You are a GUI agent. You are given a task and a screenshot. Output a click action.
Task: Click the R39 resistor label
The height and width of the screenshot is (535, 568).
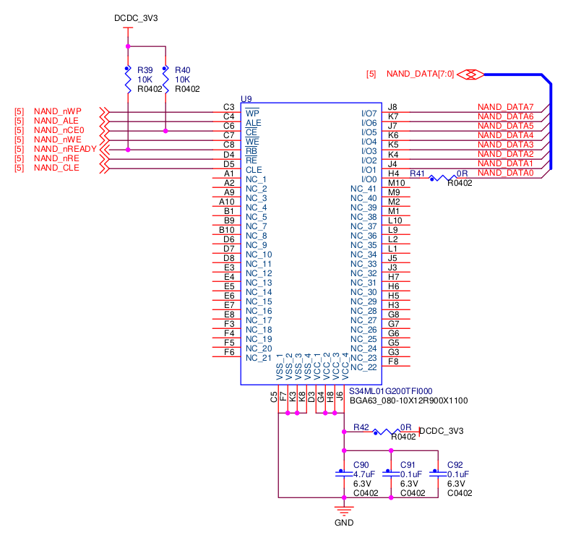coord(145,70)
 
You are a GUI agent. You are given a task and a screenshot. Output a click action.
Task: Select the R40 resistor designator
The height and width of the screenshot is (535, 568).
coord(182,70)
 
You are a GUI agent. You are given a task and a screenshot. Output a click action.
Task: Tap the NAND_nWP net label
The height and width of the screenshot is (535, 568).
coord(57,111)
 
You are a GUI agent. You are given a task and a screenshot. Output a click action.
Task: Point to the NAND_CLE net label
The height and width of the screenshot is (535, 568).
coord(56,168)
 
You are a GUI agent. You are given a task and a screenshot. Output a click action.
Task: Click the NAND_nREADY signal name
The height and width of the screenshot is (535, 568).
coord(65,149)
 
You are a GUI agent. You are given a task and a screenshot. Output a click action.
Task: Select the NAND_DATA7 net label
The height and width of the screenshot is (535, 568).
coord(505,107)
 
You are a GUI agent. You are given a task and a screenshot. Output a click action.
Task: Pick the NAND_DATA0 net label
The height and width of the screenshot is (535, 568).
coord(505,173)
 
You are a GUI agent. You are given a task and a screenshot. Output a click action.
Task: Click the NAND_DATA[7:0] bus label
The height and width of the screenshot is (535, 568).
coord(420,74)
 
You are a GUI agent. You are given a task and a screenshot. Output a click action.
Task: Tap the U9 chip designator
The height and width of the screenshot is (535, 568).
coord(246,98)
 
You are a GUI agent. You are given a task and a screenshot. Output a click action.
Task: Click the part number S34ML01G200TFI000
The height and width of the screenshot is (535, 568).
coord(390,390)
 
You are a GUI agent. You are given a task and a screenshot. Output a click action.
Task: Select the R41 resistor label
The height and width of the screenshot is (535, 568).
coord(418,174)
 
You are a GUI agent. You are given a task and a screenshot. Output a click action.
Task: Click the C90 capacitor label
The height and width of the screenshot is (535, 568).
coord(361,465)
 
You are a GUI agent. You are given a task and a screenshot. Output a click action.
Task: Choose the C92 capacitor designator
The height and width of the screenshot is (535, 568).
coord(455,465)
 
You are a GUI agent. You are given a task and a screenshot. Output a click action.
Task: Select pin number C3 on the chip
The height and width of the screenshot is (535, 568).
coord(228,107)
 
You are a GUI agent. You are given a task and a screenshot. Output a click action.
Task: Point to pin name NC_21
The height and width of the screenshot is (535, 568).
coord(259,358)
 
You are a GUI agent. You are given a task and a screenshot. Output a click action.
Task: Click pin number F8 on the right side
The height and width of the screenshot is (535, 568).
coord(393,361)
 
